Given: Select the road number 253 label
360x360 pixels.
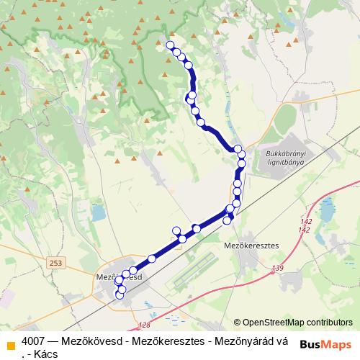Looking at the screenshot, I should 56,264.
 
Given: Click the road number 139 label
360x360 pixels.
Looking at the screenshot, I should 279,269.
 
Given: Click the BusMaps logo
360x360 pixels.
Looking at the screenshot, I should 325,344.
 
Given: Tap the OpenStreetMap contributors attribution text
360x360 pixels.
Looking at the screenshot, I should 297,323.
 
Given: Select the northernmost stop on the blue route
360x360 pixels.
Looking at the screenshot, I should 171,45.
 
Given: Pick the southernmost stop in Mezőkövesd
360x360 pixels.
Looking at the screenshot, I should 120,295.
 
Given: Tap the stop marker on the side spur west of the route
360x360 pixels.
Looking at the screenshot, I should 176,230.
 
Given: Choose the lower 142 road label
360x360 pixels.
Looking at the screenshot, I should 304,230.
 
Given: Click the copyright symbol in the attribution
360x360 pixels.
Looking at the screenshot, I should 238,323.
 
